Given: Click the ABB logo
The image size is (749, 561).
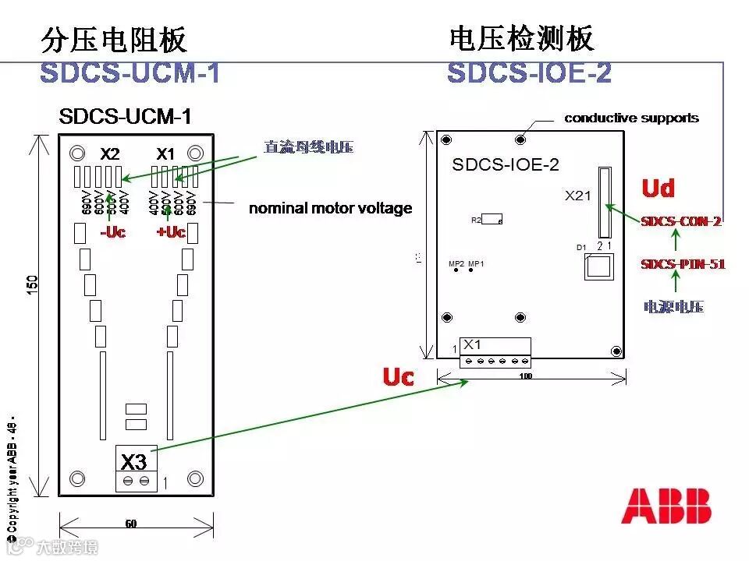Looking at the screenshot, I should pos(666,506).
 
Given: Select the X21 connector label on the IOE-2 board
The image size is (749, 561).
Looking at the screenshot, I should pos(578,196).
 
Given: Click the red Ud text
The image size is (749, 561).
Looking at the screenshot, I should pos(658,188).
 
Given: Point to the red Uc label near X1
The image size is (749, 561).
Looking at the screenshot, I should pos(398,377).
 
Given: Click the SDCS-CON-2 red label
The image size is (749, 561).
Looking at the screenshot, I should pos(681,221).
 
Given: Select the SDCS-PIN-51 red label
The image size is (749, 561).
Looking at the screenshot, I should pos(683,264).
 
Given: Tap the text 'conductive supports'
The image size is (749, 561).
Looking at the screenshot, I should pos(631,118).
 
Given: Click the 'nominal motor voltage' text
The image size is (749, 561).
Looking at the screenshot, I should pos(330,208).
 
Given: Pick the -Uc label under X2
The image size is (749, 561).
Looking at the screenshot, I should pos(112,232).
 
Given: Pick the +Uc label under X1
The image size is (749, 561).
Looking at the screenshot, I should pos(171,232).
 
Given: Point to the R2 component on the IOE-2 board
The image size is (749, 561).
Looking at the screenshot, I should pos(492,219).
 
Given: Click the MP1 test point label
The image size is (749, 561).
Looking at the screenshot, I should pos(476,263).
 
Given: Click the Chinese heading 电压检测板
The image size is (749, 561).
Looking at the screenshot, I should pos(521,38).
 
